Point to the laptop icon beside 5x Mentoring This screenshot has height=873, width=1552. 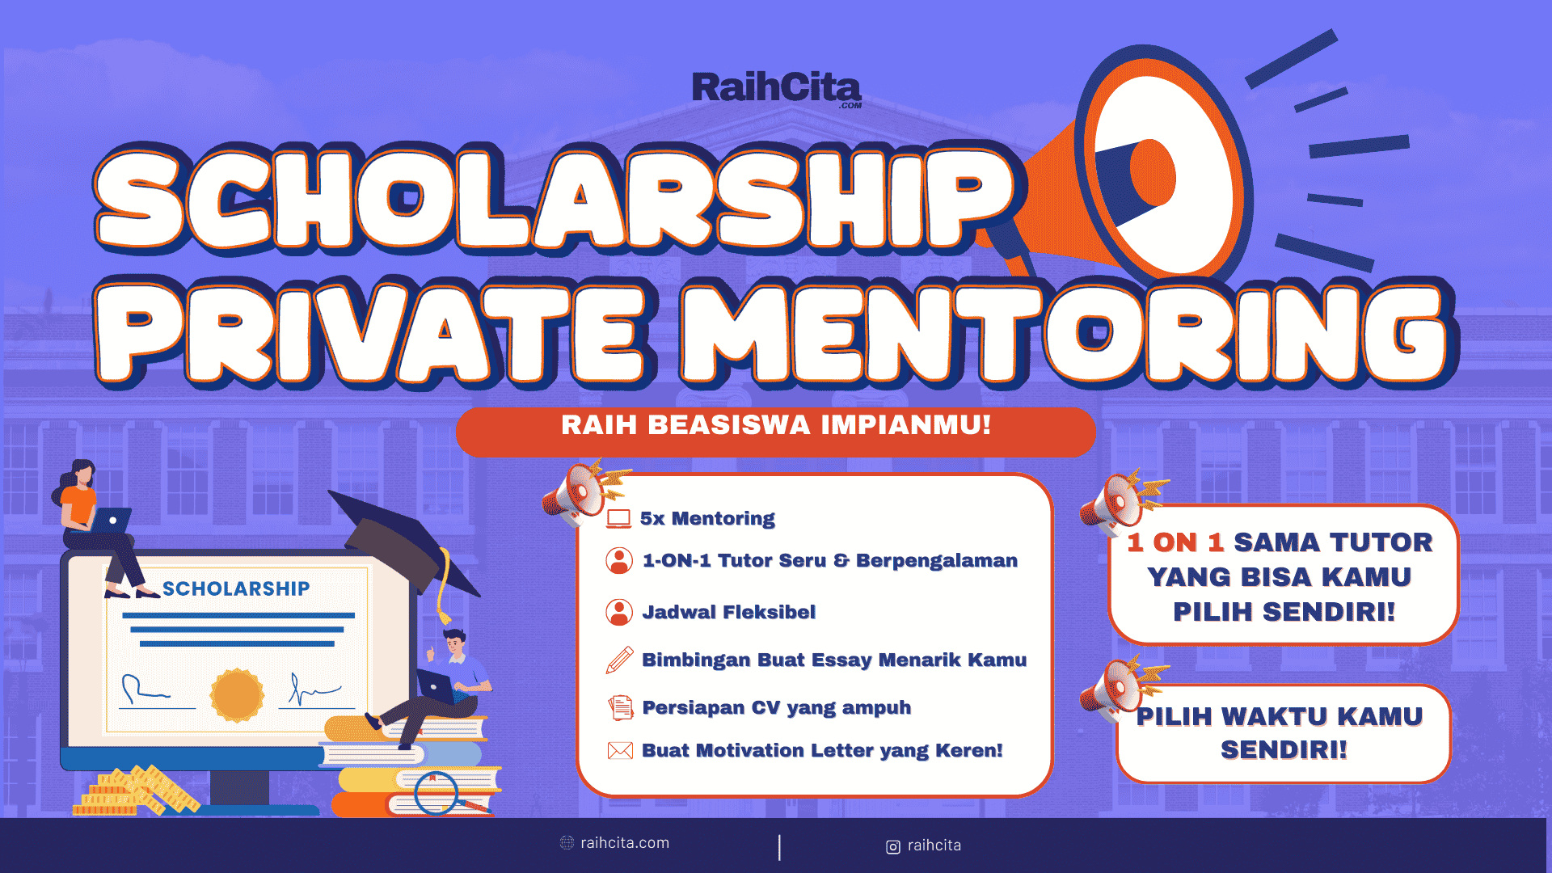coord(618,519)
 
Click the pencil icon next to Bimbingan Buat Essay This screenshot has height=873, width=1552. coord(619,660)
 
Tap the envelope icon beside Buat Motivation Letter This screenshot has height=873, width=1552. coord(620,751)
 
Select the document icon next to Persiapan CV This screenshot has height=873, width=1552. coord(620,708)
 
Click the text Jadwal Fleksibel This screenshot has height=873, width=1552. coord(728,613)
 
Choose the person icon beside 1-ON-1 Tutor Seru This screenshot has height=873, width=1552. coord(619,561)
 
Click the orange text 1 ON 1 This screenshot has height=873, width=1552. coord(1175,542)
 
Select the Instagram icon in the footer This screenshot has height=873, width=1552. coord(893,847)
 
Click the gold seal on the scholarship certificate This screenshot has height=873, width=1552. coord(237,695)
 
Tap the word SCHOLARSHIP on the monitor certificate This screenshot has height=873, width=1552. coord(236,589)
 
